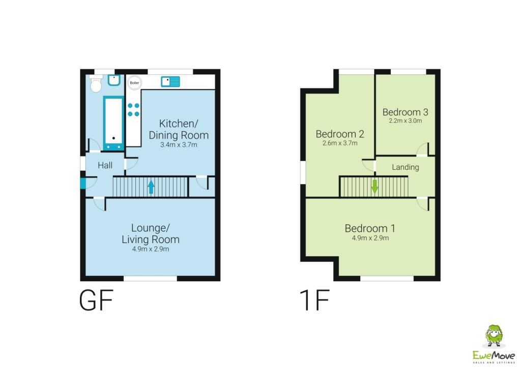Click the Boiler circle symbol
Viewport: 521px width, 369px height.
(134, 82)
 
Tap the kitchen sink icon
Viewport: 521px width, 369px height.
(170, 81)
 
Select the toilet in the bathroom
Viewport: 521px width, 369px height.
(96, 84)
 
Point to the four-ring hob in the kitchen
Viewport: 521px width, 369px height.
(133, 109)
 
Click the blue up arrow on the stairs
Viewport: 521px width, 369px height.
(151, 187)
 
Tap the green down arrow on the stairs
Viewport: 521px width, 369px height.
(375, 186)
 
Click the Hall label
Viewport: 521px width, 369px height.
(105, 165)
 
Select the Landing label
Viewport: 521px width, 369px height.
(405, 167)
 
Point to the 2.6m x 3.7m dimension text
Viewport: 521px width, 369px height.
(340, 144)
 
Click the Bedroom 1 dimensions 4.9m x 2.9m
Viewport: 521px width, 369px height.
(370, 238)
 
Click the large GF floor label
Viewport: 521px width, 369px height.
(95, 301)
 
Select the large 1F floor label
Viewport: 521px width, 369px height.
(313, 301)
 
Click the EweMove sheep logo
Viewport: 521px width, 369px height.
(493, 336)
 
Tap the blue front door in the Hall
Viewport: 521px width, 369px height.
(82, 183)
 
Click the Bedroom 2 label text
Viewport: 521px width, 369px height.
(340, 134)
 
